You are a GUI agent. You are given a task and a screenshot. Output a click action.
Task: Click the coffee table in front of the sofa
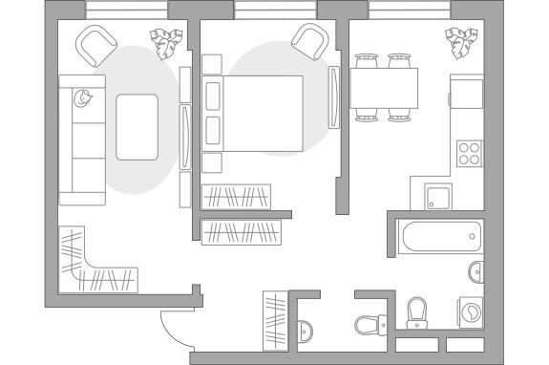(138, 126)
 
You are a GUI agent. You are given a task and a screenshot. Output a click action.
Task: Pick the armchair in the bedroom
(309, 41)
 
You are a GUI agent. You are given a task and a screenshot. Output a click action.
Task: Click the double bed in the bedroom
(252, 113)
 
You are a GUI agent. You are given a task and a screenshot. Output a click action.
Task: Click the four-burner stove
(469, 154)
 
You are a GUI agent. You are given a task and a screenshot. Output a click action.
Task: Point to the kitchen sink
(438, 197)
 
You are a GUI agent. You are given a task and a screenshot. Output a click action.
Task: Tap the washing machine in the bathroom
(472, 311)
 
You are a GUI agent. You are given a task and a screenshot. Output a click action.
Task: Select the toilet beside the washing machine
(417, 311)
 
